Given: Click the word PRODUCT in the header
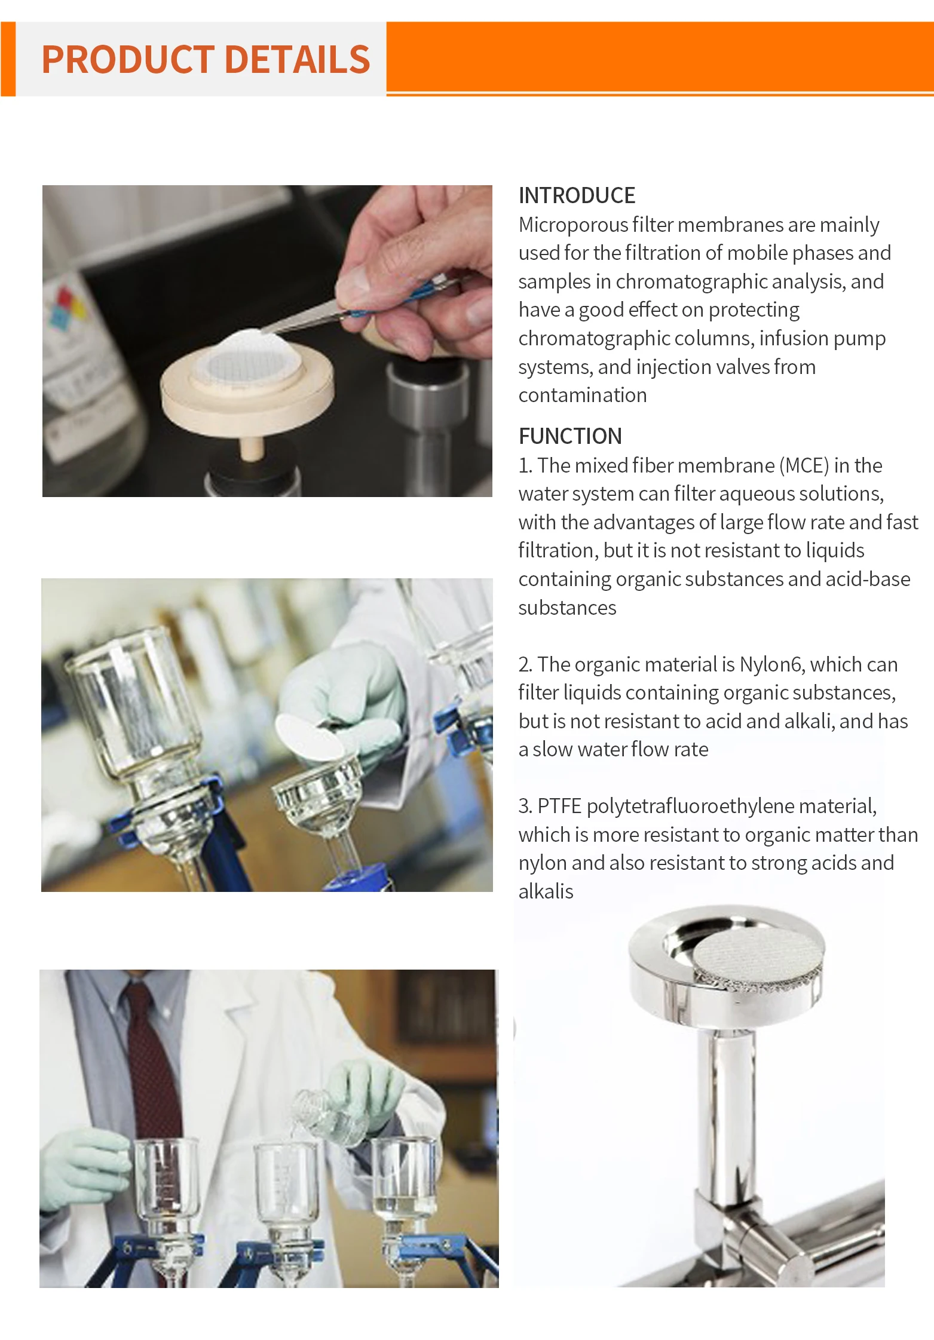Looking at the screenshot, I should [127, 60].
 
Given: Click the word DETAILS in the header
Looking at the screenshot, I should [298, 60].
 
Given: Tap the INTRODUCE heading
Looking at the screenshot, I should [576, 195].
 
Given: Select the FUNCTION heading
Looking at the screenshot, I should [569, 436].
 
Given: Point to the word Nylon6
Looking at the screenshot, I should [771, 664].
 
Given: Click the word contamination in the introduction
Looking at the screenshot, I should [582, 395].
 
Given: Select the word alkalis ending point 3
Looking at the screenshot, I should [546, 891].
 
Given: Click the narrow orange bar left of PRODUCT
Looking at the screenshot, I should [8, 59].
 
